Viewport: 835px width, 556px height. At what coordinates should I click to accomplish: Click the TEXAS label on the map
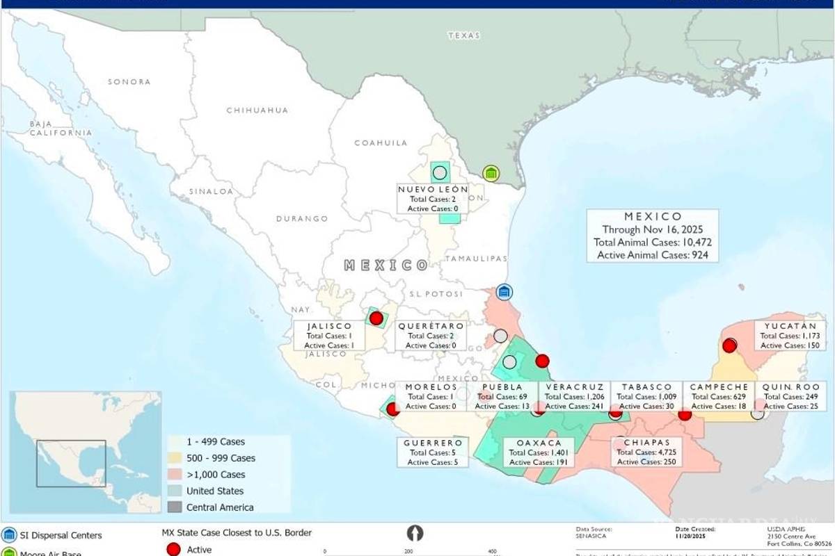[464, 35]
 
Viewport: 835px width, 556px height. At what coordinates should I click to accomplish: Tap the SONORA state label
[129, 81]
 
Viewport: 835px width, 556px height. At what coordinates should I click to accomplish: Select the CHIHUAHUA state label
[257, 110]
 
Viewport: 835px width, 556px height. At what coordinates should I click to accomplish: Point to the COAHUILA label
[381, 142]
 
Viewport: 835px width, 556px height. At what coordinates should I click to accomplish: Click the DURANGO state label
[301, 218]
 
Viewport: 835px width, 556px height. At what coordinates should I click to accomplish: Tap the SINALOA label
[211, 190]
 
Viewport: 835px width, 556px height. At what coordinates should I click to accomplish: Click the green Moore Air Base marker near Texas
[491, 173]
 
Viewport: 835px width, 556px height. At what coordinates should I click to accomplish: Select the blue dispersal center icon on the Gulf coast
[504, 292]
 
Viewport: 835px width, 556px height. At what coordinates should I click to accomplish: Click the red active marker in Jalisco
[376, 318]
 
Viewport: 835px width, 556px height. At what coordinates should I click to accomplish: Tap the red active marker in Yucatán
[729, 345]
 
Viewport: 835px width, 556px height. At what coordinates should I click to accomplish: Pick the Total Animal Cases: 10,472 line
[652, 243]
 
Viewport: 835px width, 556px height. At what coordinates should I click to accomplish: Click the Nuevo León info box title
[433, 189]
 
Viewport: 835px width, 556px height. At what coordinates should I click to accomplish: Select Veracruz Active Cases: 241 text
[574, 407]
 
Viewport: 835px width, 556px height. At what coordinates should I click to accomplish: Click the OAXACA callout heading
[539, 443]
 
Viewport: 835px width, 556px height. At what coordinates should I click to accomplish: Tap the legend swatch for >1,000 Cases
[176, 475]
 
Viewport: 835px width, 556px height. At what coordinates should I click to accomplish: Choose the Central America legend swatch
[176, 507]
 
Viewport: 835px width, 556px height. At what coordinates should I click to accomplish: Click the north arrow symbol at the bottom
[415, 533]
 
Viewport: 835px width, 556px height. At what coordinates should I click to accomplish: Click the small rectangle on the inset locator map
[72, 463]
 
